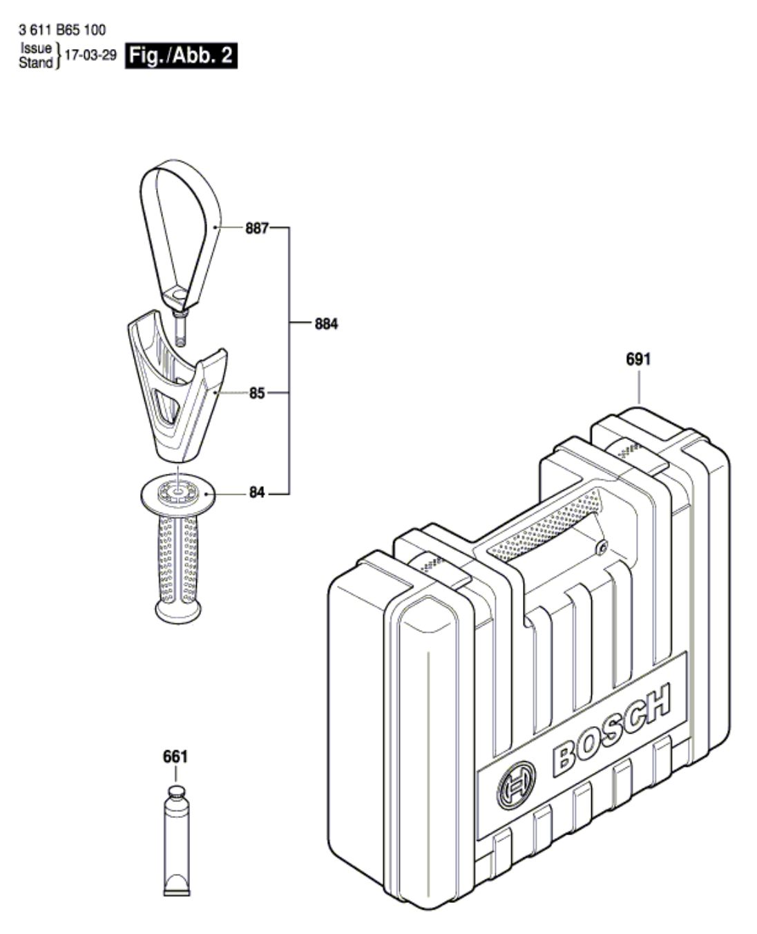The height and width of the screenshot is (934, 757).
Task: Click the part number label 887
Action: click(256, 228)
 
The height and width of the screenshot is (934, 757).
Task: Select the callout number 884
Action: click(327, 324)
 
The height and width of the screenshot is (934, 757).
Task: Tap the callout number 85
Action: click(257, 393)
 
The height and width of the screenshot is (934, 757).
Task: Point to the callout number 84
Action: click(257, 493)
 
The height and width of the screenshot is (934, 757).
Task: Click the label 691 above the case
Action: click(638, 359)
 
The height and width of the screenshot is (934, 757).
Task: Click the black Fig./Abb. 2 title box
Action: click(181, 56)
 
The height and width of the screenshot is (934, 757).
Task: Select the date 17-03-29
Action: click(90, 55)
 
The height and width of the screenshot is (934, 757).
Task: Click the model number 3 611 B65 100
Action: click(61, 30)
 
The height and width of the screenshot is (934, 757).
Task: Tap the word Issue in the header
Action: click(36, 48)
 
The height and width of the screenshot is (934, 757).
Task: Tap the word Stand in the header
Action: click(35, 63)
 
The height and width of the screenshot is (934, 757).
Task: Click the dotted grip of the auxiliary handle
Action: click(178, 560)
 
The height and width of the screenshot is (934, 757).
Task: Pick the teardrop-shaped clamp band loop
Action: click(181, 228)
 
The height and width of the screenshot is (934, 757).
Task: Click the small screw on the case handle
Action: click(603, 546)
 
